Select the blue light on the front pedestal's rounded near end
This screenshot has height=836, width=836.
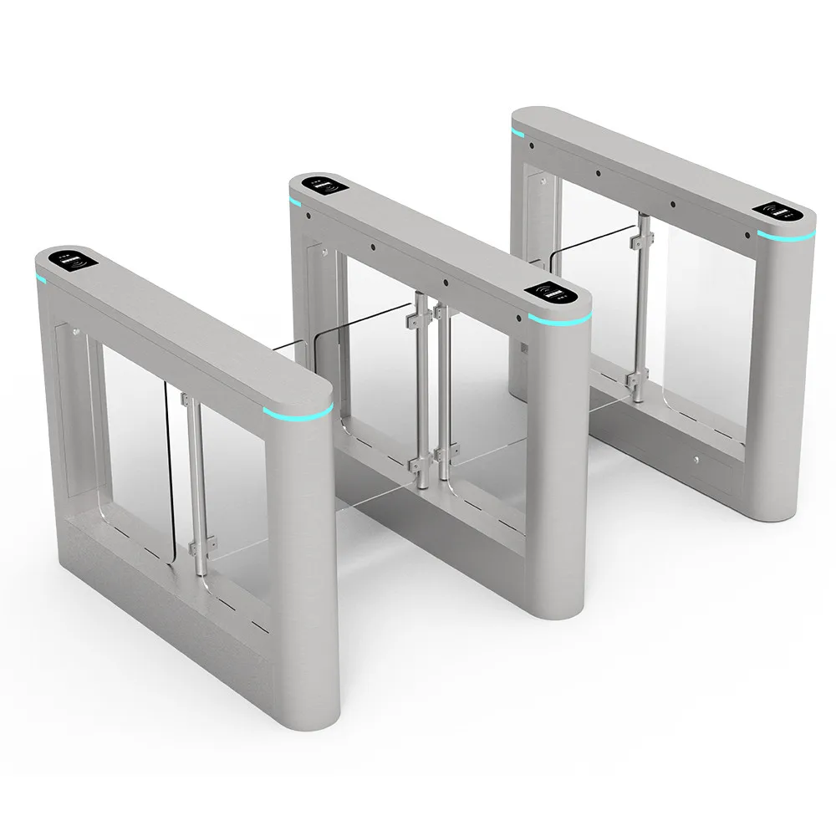coord(298,410)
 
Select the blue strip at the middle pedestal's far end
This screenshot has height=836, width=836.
coord(295,201)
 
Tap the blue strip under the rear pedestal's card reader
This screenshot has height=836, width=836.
coord(786,232)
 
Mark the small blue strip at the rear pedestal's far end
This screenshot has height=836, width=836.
coord(517,132)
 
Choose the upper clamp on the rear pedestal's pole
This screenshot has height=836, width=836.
coord(640,240)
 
